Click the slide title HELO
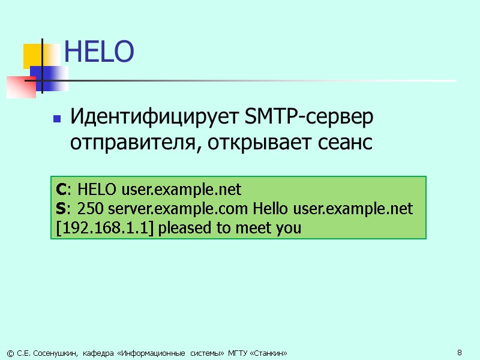point(98,52)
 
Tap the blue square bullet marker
point(58,119)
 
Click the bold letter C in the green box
point(61,190)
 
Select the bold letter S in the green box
point(60,209)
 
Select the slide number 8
point(459,352)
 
